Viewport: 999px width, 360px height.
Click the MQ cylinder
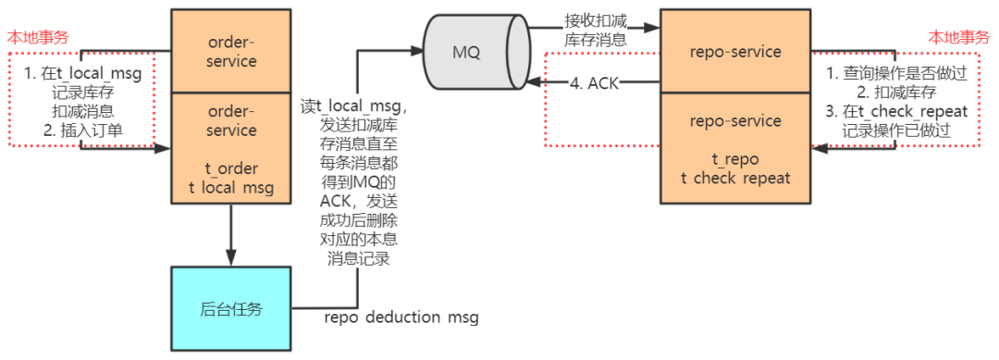[x=467, y=51]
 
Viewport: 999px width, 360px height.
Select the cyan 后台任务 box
[x=231, y=308]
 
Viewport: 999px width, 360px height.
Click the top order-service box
[x=231, y=51]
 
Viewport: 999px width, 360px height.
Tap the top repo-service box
[x=735, y=52]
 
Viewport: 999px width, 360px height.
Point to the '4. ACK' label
[x=594, y=83]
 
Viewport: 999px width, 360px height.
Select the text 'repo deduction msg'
[x=401, y=318]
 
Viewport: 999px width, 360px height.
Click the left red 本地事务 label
[x=38, y=37]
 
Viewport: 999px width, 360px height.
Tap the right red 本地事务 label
[x=958, y=37]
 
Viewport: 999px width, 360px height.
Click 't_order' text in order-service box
[x=231, y=168]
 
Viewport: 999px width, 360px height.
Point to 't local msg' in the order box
[x=231, y=188]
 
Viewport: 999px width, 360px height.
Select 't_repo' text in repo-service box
[x=735, y=158]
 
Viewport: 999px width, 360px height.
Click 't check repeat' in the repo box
[x=735, y=178]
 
